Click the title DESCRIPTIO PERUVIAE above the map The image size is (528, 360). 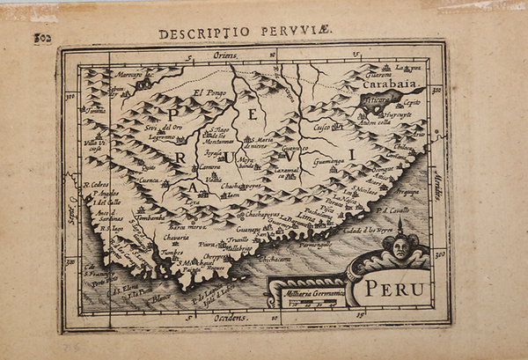246,33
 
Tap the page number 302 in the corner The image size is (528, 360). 41,38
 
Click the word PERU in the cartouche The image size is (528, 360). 395,288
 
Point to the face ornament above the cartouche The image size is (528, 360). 401,249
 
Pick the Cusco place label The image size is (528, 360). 326,127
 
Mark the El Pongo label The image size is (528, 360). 209,93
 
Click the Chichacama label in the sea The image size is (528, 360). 274,260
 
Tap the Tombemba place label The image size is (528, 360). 151,217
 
